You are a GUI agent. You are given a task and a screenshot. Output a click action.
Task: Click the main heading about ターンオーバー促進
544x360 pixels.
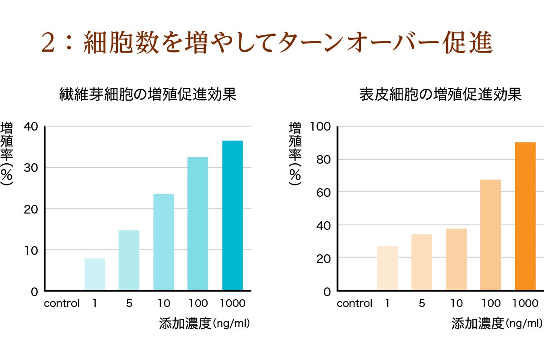(x=267, y=44)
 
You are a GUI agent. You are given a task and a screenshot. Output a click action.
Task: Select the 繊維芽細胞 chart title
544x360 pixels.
(x=148, y=94)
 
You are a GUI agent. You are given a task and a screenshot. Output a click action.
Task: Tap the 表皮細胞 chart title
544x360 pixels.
(x=441, y=94)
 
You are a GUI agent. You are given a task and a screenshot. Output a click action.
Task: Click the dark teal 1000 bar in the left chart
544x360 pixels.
(x=233, y=215)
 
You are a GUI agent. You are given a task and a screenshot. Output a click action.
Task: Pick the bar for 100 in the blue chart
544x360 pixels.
(x=198, y=224)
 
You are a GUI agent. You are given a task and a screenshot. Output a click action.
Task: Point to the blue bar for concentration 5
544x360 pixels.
(x=129, y=260)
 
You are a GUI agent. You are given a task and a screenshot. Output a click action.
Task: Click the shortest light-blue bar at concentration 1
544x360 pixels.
(x=95, y=274)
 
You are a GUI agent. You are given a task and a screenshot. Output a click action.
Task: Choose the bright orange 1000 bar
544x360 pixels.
(x=525, y=216)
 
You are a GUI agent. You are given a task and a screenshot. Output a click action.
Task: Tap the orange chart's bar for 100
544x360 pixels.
(x=491, y=235)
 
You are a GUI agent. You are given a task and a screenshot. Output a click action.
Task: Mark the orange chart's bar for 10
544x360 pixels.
(x=456, y=259)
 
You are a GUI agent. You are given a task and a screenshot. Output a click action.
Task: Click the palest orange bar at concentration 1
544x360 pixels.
(x=388, y=268)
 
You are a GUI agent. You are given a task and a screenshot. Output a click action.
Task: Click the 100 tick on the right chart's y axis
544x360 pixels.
(x=320, y=126)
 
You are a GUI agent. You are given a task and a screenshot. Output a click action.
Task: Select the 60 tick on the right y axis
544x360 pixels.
(x=323, y=192)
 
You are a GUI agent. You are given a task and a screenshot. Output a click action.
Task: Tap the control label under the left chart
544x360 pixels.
(x=62, y=303)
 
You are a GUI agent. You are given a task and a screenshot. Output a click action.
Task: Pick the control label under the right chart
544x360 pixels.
(x=355, y=303)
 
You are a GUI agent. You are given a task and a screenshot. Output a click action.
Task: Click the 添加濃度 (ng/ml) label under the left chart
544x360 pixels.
(x=204, y=323)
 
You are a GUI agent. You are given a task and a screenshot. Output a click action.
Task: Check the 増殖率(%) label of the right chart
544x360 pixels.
(x=295, y=154)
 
